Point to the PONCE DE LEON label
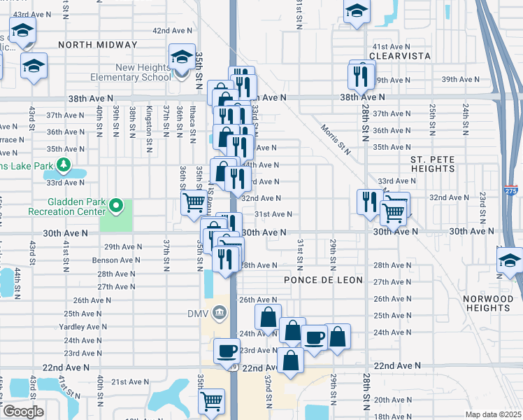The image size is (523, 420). pos(323,280)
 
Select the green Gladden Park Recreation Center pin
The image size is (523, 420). pos(117,205)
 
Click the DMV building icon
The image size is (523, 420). pos(220,311)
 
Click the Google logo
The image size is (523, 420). pos(23,412)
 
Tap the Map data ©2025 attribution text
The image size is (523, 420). pos(494,414)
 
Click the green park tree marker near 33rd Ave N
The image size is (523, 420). pos(64,164)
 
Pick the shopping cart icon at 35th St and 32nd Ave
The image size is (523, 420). pos(194,202)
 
